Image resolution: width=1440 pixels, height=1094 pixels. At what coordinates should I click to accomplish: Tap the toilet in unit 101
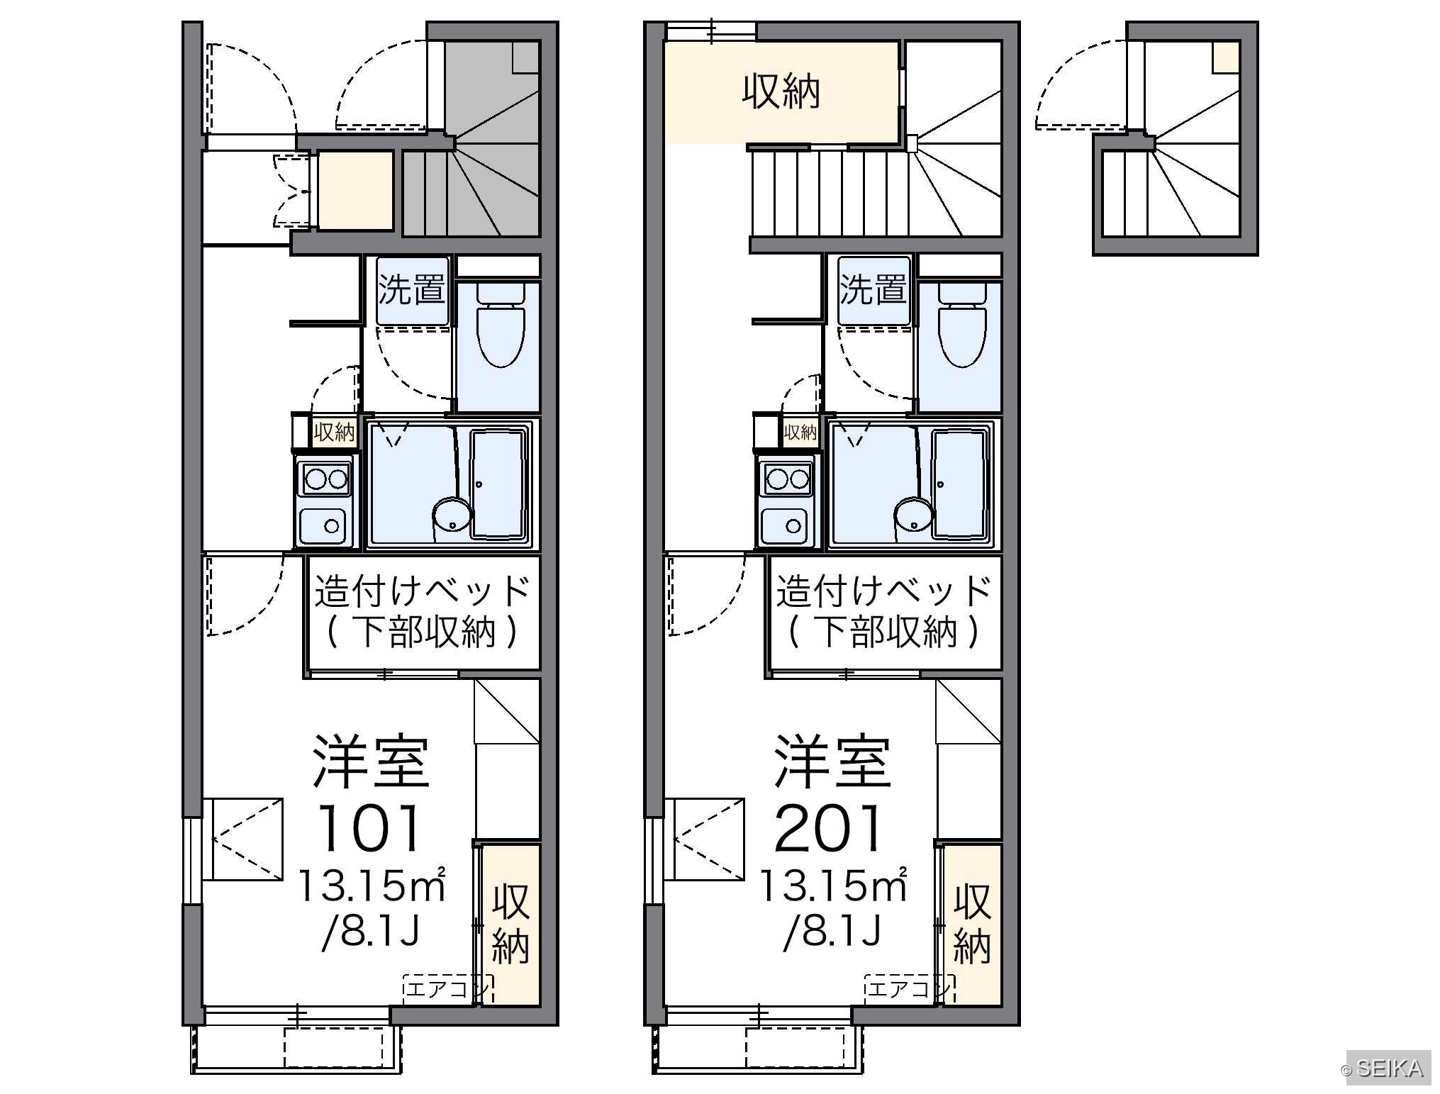click(x=501, y=325)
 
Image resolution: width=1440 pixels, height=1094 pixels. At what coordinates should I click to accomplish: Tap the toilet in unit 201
click(x=962, y=325)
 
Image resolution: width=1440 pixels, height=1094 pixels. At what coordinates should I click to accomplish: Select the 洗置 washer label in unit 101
click(x=412, y=290)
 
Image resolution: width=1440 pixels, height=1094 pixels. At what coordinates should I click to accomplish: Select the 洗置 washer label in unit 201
click(x=874, y=290)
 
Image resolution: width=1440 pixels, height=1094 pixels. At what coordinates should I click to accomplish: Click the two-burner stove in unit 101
click(x=325, y=479)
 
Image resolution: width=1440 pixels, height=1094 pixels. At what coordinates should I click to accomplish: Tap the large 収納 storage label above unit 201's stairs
click(x=781, y=91)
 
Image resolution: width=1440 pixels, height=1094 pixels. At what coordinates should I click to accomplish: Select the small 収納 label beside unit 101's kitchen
click(x=334, y=431)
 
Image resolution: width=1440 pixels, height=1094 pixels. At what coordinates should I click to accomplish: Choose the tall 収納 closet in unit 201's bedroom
click(x=971, y=923)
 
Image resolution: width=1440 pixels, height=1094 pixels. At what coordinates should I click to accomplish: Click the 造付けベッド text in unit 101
click(x=423, y=591)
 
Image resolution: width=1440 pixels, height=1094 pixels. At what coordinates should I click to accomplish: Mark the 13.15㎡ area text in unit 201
click(x=833, y=886)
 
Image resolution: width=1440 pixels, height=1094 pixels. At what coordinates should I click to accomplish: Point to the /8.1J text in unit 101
click(x=372, y=931)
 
